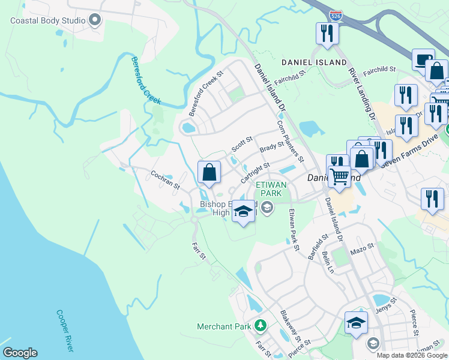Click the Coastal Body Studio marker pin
[x=94, y=20]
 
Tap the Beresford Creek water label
[x=146, y=80]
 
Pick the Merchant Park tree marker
[x=260, y=326]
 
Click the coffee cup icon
[x=424, y=59]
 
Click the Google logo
[x=20, y=353]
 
